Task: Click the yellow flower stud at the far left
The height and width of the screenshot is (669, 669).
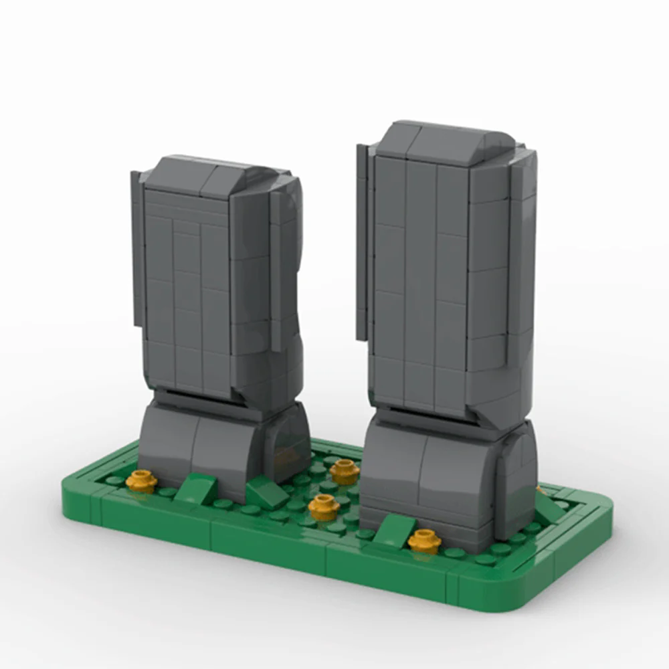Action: click(x=141, y=480)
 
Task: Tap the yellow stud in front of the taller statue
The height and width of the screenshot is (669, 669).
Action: click(x=424, y=540)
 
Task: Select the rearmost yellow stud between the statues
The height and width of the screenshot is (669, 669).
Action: click(x=345, y=471)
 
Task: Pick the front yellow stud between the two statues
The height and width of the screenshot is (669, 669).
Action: click(x=324, y=507)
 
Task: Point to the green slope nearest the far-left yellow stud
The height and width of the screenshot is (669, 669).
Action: click(x=196, y=489)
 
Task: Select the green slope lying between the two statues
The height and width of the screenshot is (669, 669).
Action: click(x=268, y=494)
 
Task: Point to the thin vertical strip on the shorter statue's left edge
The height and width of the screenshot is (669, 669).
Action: click(x=137, y=248)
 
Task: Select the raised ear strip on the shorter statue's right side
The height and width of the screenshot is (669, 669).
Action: click(x=276, y=268)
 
